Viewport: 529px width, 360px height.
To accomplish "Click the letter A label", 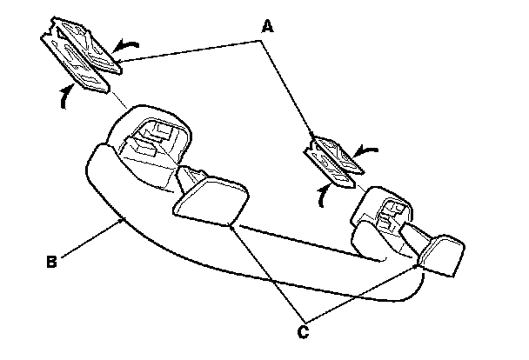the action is point(269,26).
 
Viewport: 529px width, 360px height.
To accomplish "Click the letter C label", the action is point(302,330).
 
